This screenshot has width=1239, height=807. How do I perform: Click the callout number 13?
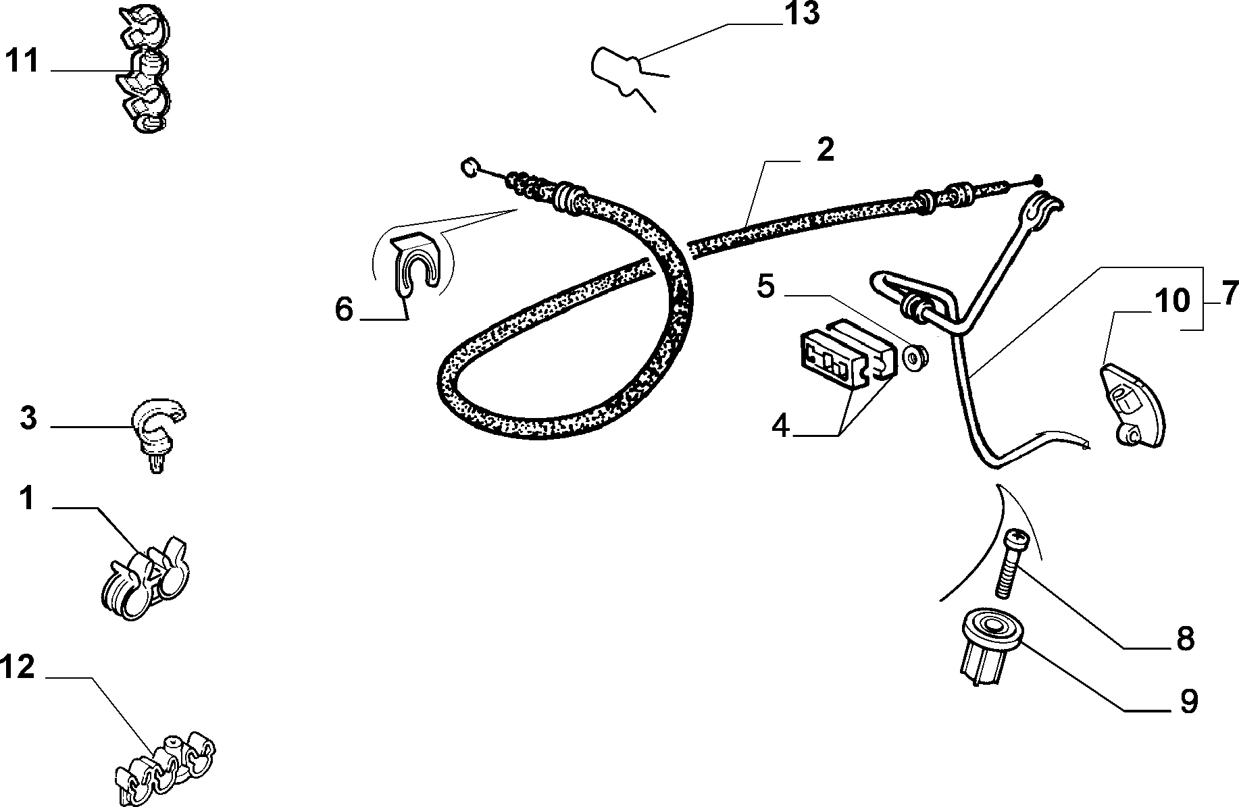coord(802,13)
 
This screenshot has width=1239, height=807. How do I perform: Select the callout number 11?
coord(23,61)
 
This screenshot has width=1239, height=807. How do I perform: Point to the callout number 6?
coord(345,310)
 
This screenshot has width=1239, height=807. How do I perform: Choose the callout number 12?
coord(18,668)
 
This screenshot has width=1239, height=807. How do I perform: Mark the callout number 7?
coord(1230,294)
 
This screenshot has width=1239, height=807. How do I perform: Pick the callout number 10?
coord(1172,301)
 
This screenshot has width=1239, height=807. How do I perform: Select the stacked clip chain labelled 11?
coord(144,69)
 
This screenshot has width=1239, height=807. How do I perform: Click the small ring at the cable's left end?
coord(469,165)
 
